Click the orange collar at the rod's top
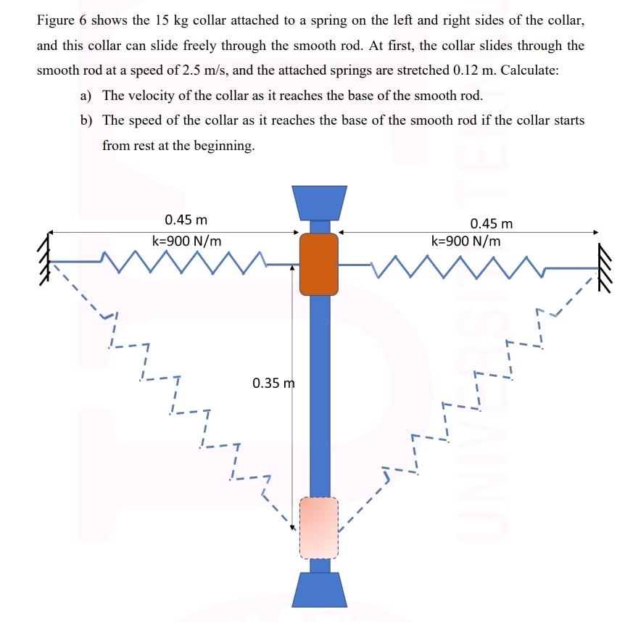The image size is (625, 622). pos(319,264)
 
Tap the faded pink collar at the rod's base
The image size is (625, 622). pos(319,527)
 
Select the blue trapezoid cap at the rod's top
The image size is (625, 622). pos(319,202)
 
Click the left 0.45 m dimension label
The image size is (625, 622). pos(186,220)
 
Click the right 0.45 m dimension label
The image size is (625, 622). pos(491,224)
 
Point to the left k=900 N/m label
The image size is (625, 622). pos(186,240)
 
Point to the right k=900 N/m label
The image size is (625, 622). pos(465,241)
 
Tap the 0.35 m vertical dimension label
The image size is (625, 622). pos(274,382)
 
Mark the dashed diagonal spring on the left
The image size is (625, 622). pos(174,391)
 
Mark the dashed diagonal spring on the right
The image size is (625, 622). pos(464,391)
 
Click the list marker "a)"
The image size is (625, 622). pos(87,96)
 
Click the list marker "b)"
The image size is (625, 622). pos(87,120)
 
